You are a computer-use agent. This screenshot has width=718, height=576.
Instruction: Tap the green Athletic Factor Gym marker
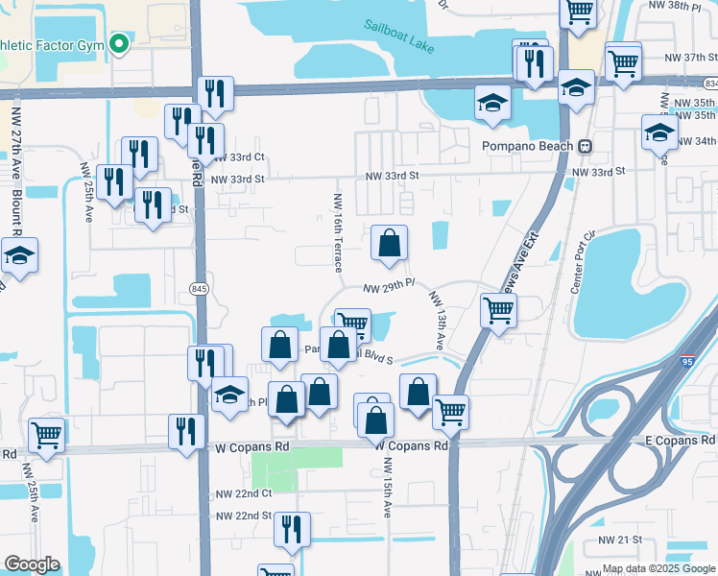pos(119,44)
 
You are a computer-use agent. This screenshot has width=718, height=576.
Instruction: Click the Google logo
pos(32,564)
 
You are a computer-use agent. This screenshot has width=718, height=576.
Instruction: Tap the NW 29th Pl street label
pos(388,286)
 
